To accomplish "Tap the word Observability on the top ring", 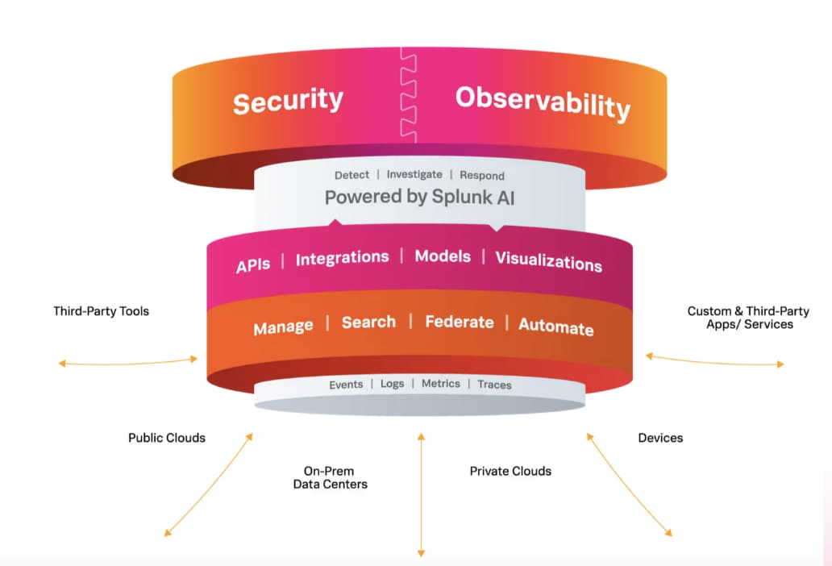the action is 543,102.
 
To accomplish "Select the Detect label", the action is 352,175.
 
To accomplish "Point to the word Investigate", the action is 414,174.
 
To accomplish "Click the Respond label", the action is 482,176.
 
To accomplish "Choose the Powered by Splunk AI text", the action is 420,198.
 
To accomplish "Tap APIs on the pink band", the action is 253,264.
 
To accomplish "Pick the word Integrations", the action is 343,258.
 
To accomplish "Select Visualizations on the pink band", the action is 549,261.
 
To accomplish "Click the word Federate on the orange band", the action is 460,322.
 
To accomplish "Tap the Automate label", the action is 556,327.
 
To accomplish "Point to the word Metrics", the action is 441,384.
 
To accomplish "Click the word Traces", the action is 494,385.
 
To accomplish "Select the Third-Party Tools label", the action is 101,311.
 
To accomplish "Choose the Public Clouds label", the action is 167,438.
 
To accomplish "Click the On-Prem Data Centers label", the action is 330,477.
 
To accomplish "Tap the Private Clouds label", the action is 510,471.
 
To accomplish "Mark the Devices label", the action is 660,438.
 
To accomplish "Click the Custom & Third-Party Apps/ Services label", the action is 748,318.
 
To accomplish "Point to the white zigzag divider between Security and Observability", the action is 408,95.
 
